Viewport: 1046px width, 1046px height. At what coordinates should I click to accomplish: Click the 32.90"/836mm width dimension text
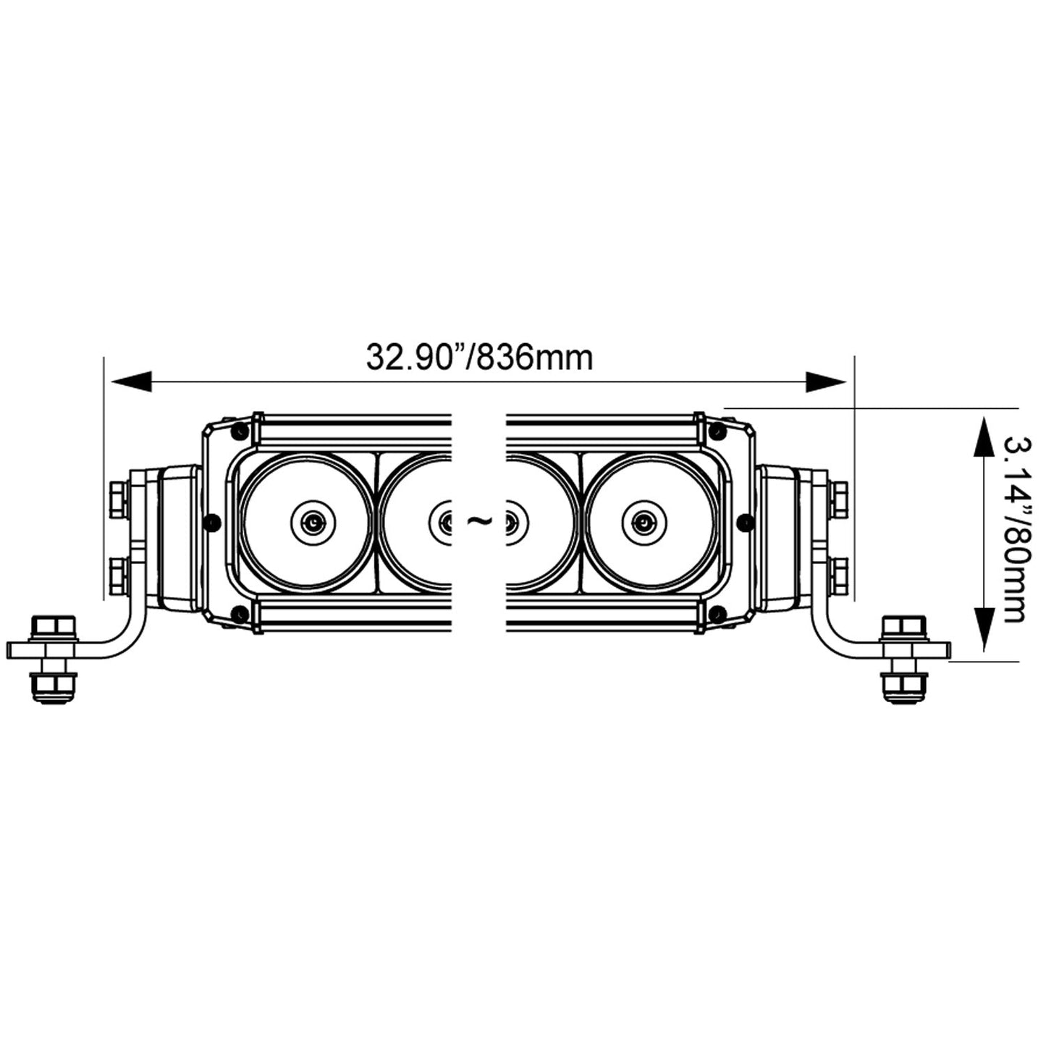479,357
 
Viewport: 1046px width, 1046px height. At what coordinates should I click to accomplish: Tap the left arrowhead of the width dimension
131,381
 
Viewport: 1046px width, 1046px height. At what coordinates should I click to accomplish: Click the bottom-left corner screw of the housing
238,615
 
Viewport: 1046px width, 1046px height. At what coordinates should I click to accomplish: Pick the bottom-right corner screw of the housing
717,615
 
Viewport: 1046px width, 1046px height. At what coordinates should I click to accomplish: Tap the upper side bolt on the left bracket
118,500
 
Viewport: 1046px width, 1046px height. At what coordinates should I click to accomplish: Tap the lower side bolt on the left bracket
118,573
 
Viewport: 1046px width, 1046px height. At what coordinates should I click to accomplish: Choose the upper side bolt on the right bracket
839,500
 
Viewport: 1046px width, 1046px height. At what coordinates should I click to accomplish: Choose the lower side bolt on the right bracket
839,573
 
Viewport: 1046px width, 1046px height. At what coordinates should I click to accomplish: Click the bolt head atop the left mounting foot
54,627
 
